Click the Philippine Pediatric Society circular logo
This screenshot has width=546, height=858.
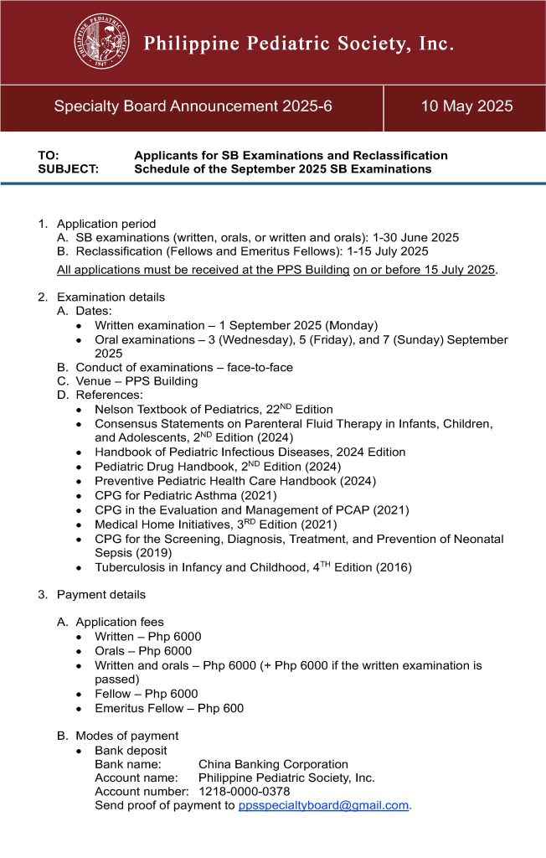[x=101, y=42]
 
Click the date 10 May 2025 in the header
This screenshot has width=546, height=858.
[x=466, y=106]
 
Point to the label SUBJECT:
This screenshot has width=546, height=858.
[x=68, y=168]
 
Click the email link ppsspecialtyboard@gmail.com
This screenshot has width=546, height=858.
[x=323, y=805]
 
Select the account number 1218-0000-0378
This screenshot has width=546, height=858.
[x=244, y=791]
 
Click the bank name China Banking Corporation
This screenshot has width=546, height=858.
[x=273, y=764]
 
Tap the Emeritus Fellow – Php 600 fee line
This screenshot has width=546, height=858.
[x=169, y=708]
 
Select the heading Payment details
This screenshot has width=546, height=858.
[x=100, y=594]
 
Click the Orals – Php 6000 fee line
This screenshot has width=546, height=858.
[x=143, y=651]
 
